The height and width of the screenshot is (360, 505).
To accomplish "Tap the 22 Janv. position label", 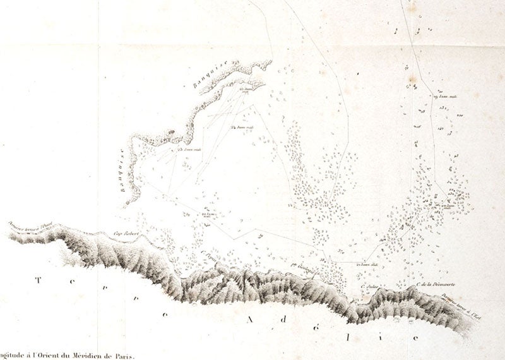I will click(x=209, y=215).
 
